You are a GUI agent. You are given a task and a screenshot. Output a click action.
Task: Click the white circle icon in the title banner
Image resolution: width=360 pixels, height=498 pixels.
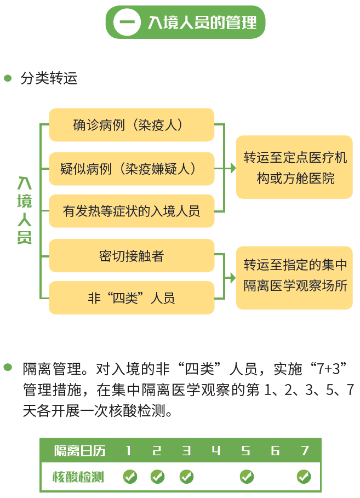click(x=127, y=22)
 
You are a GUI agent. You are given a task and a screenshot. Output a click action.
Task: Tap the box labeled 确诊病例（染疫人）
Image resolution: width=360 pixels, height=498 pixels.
click(x=132, y=125)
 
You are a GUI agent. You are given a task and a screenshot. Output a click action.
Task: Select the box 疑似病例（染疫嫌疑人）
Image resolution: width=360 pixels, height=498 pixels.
click(x=132, y=169)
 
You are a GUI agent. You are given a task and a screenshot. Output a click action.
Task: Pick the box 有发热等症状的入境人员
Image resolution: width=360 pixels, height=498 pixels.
click(x=132, y=211)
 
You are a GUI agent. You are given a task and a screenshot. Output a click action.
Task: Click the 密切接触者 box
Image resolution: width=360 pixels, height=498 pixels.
click(x=132, y=256)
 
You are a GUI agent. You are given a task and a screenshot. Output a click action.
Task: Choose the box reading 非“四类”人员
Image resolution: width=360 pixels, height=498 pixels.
click(x=132, y=298)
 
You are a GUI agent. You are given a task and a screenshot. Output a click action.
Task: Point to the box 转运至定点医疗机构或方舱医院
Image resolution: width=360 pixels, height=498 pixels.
click(x=295, y=167)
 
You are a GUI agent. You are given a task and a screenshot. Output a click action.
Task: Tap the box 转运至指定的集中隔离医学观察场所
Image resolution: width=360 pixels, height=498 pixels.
click(x=295, y=278)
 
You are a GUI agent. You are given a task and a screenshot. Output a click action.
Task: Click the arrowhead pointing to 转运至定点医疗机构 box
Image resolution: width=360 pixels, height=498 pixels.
click(x=233, y=168)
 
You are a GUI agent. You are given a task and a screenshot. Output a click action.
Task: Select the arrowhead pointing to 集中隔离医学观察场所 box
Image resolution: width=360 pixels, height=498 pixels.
click(x=233, y=278)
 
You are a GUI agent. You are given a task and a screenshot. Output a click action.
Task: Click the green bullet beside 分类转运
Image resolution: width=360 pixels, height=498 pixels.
click(x=8, y=78)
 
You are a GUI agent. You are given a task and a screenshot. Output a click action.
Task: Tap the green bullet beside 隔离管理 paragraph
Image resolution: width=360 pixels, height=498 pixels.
click(x=8, y=368)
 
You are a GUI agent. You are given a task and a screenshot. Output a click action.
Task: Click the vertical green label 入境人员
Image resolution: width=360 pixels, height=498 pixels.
click(x=25, y=210)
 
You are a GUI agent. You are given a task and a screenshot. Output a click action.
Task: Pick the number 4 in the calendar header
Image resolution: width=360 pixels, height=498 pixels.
click(x=216, y=450)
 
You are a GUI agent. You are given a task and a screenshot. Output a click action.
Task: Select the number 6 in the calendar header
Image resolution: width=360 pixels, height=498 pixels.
click(x=275, y=450)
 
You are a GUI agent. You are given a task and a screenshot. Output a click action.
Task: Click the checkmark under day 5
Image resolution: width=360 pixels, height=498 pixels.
click(x=247, y=477)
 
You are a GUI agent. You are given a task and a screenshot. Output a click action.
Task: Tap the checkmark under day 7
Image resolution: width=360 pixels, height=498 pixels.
click(x=304, y=477)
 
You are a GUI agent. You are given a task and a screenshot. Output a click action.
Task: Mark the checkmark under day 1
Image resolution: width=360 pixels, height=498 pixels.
click(x=130, y=477)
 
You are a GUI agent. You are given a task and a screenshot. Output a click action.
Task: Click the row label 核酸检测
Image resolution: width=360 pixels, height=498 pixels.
click(x=78, y=477)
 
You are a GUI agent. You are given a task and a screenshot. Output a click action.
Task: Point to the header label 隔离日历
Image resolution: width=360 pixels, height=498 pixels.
click(x=80, y=451)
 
